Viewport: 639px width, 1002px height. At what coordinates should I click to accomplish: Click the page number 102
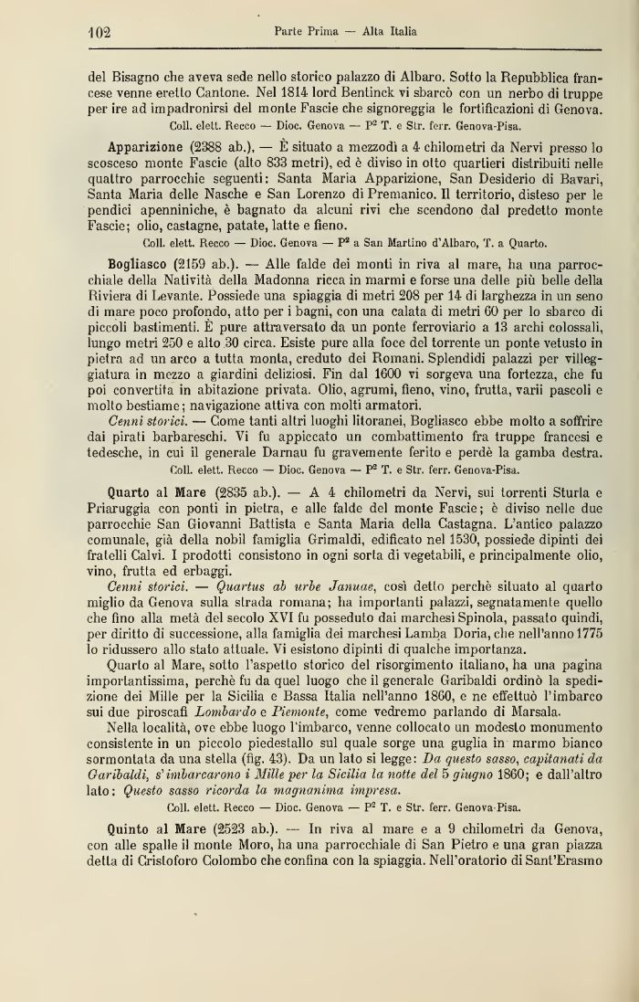92,31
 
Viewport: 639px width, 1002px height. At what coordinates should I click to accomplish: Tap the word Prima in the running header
325,31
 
